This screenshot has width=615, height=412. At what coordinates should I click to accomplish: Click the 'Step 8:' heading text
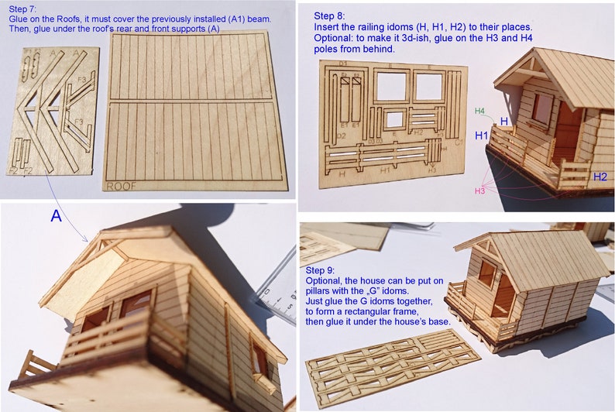[331, 15]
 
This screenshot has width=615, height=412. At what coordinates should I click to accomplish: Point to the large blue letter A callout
[56, 217]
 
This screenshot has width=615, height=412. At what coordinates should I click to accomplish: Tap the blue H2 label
[600, 177]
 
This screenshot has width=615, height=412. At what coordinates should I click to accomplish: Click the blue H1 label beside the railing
[481, 136]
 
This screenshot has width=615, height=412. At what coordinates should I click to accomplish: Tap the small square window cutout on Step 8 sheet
[394, 119]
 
